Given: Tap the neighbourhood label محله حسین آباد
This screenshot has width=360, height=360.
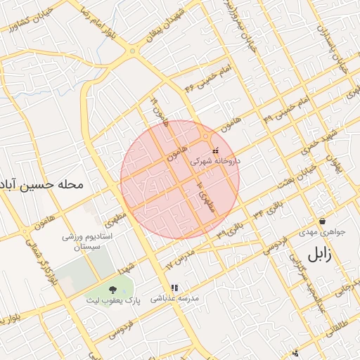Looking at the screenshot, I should tap(41, 185).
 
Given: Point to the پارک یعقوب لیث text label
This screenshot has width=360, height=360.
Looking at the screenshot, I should tap(113, 300).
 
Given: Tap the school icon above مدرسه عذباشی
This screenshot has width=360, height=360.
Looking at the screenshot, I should tap(174, 288).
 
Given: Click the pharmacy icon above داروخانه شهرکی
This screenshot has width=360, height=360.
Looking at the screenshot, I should tap(215, 150).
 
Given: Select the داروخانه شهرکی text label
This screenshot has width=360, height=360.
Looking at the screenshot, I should tap(215, 161).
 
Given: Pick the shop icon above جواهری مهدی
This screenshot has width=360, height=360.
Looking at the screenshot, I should tap(322, 221).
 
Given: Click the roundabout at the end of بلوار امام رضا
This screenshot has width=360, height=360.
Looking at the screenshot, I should tap(132, 51).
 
